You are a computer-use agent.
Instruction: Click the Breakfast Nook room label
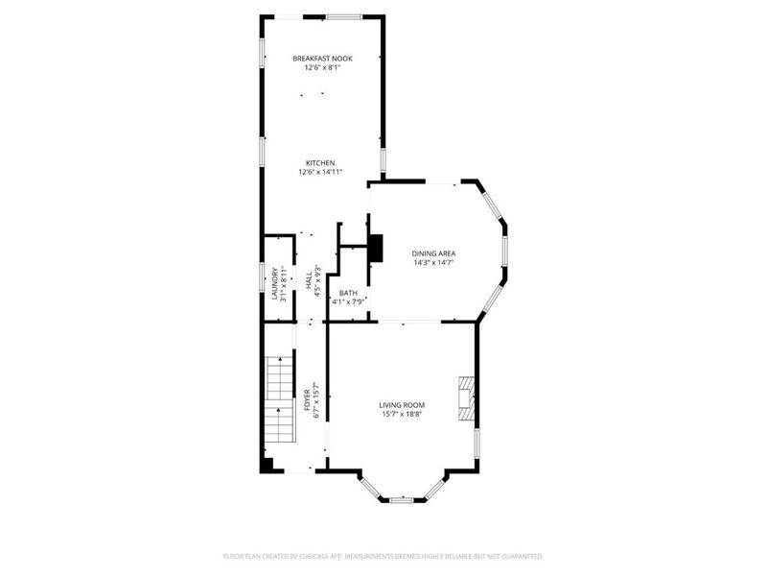click(322, 59)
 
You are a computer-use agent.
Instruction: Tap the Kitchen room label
click(320, 162)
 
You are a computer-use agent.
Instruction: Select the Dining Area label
click(433, 253)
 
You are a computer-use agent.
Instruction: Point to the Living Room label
click(402, 405)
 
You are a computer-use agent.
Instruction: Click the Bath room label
click(348, 293)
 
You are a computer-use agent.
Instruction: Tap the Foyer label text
click(307, 399)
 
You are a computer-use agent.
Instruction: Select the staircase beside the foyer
click(278, 394)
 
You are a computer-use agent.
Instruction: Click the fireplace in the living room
click(466, 397)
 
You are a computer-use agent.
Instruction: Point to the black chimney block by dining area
click(376, 248)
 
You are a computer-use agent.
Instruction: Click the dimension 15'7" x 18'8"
click(402, 414)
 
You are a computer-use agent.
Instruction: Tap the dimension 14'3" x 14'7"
click(433, 262)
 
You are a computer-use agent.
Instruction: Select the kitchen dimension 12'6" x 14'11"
click(320, 172)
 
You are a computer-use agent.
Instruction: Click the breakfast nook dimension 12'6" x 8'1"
click(322, 68)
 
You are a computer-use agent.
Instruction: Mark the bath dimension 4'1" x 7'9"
click(348, 302)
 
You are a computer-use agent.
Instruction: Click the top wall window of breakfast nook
click(343, 15)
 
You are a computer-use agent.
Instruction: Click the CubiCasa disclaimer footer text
click(383, 556)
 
